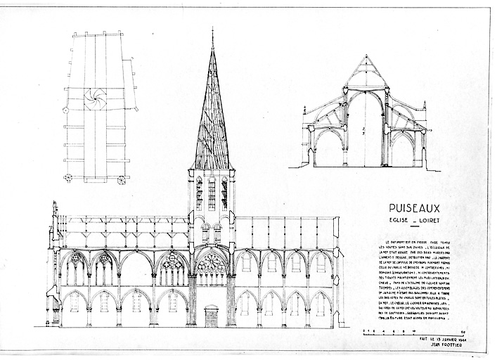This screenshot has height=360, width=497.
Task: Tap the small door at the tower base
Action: (211, 316)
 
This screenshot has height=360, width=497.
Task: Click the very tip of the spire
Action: (212, 30)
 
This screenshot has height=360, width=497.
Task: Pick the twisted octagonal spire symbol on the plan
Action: (96, 99)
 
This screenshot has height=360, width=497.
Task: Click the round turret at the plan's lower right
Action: (127, 180)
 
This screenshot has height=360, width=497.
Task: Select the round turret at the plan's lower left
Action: (68, 179)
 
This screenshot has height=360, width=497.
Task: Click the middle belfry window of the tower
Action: (212, 193)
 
